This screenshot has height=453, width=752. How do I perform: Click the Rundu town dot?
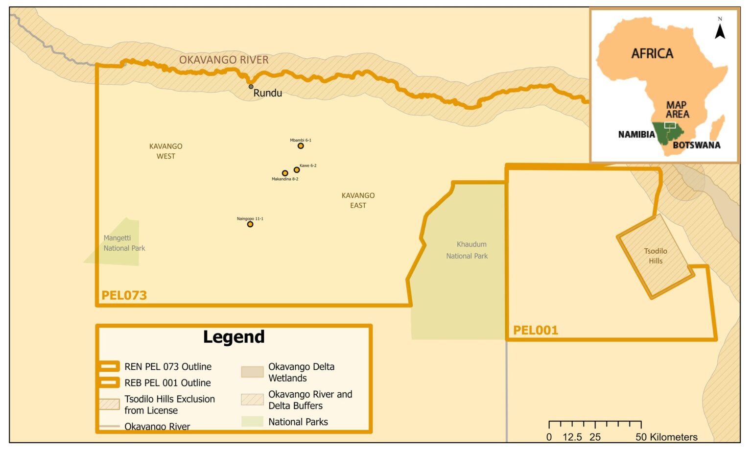coord(251,87)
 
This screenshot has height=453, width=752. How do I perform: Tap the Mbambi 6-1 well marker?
coord(301,146)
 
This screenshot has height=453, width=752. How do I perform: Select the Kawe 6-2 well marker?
coord(297,170)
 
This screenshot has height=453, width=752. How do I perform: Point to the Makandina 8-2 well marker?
coord(285,173)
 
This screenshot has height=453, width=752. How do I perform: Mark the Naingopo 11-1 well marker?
coord(250,224)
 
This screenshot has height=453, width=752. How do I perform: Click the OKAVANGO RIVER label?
coord(224,60)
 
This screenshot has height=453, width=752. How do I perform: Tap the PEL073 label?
coord(124,295)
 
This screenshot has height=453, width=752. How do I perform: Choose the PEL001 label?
coord(536,330)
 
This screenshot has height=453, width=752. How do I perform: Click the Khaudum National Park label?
coord(468,250)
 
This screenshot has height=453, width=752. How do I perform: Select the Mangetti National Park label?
coord(124,243)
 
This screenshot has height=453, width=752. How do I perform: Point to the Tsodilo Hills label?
coord(656,256)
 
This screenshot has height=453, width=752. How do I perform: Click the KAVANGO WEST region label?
coord(166,151)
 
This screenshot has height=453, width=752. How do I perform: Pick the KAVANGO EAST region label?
coord(358,200)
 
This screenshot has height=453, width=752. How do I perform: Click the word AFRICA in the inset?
coord(652,53)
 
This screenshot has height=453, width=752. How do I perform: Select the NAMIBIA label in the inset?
coord(636,134)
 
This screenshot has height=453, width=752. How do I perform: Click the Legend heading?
coord(234,337)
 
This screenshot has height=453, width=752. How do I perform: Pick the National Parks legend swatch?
coord(252,422)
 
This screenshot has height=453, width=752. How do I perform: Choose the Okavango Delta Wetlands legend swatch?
coord(252,372)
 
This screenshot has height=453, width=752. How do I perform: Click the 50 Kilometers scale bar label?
coord(666,437)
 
